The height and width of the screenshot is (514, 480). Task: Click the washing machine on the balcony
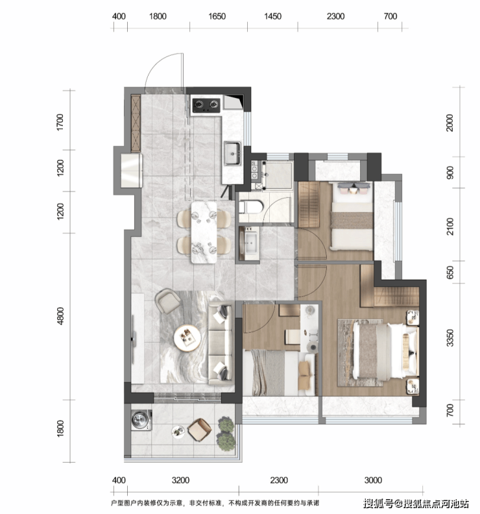tap(141, 420)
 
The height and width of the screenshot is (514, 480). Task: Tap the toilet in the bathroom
tap(251, 207)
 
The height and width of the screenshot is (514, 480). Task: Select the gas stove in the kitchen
tap(206, 104)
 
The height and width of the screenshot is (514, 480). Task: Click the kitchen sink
tap(233, 153)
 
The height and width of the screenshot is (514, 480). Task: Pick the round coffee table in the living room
tap(187, 338)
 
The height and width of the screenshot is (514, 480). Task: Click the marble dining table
tap(204, 232)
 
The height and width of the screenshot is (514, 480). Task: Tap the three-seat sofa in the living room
tap(221, 343)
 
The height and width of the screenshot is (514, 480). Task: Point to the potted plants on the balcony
tap(226, 434)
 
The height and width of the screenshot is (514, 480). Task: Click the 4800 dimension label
tap(60, 316)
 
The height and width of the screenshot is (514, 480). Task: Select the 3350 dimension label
tap(451, 337)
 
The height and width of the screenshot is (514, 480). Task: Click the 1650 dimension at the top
tap(217, 16)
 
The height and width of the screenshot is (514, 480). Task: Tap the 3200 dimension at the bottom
tap(180, 480)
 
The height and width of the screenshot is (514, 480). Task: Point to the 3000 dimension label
tap(373, 480)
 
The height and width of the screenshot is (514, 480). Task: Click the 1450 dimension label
tap(272, 16)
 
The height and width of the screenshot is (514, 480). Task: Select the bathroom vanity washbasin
tap(249, 243)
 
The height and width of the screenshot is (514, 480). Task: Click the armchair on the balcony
tap(199, 430)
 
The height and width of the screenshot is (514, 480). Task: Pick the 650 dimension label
tap(451, 272)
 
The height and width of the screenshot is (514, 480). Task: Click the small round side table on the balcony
tap(178, 431)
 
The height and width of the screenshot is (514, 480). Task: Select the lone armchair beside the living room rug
tap(167, 300)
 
